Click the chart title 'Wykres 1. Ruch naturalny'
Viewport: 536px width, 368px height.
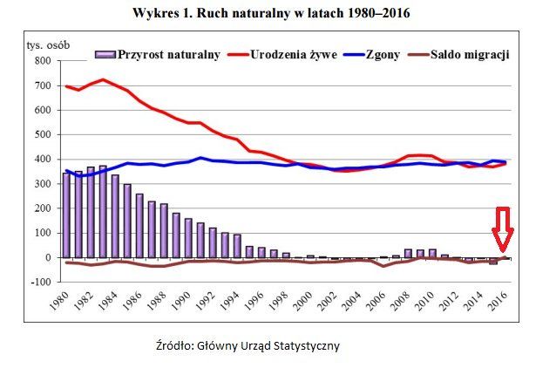pyautogui.click(x=271, y=13)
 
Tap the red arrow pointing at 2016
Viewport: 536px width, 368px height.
pyautogui.click(x=502, y=230)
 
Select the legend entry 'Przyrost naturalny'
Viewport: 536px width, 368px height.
pyautogui.click(x=157, y=55)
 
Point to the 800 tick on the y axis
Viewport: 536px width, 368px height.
pyautogui.click(x=41, y=62)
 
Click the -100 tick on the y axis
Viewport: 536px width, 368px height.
pyautogui.click(x=39, y=283)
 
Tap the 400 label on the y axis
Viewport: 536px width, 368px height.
pyautogui.click(x=41, y=160)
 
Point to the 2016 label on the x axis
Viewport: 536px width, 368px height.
pyautogui.click(x=501, y=302)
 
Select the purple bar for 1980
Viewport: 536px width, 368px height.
pyautogui.click(x=66, y=215)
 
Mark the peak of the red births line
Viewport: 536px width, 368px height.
pyautogui.click(x=104, y=80)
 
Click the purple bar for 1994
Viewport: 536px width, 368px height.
pyautogui.click(x=236, y=247)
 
